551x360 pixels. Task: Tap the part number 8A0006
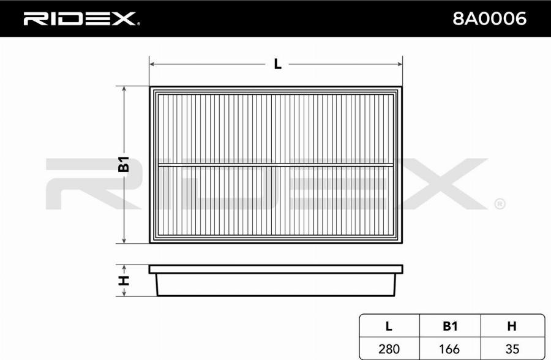click(489, 18)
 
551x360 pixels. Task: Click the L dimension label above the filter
click(277, 64)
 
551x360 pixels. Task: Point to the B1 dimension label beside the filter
click(124, 164)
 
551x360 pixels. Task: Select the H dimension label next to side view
click(124, 280)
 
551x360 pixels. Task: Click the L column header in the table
click(389, 326)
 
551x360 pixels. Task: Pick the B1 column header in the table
click(450, 326)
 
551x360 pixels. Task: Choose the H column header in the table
click(512, 326)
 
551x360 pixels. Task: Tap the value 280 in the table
click(389, 349)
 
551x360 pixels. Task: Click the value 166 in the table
click(449, 349)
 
